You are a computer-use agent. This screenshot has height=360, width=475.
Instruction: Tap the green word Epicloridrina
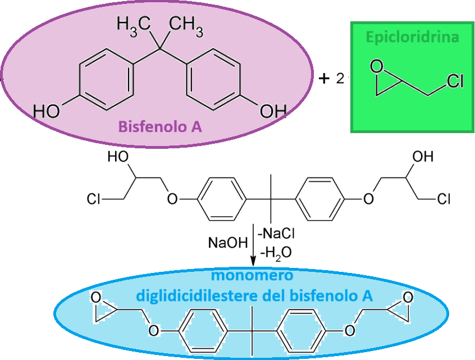click(412, 38)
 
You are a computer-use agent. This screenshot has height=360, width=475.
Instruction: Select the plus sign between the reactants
click(323, 79)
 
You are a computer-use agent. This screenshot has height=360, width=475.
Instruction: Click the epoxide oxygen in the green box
click(380, 68)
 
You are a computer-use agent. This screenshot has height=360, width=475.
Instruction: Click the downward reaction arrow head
click(254, 261)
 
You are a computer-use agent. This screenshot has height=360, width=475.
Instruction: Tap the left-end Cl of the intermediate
click(94, 199)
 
